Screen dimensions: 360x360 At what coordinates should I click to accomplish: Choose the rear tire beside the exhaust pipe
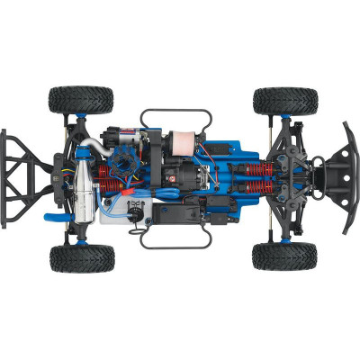tap(82, 257)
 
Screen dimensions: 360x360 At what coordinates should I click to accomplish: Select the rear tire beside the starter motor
tap(81, 99)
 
